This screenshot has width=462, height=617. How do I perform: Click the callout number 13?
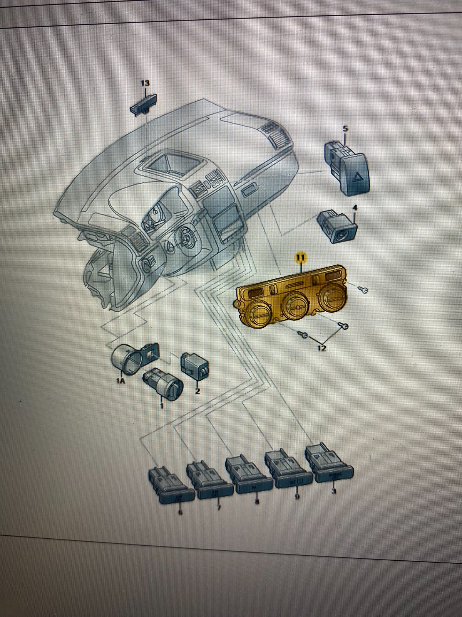point(145,83)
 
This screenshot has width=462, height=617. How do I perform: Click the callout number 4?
point(355,208)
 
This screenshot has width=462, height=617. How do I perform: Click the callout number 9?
point(297,497)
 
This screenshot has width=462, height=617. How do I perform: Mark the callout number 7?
point(219,507)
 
